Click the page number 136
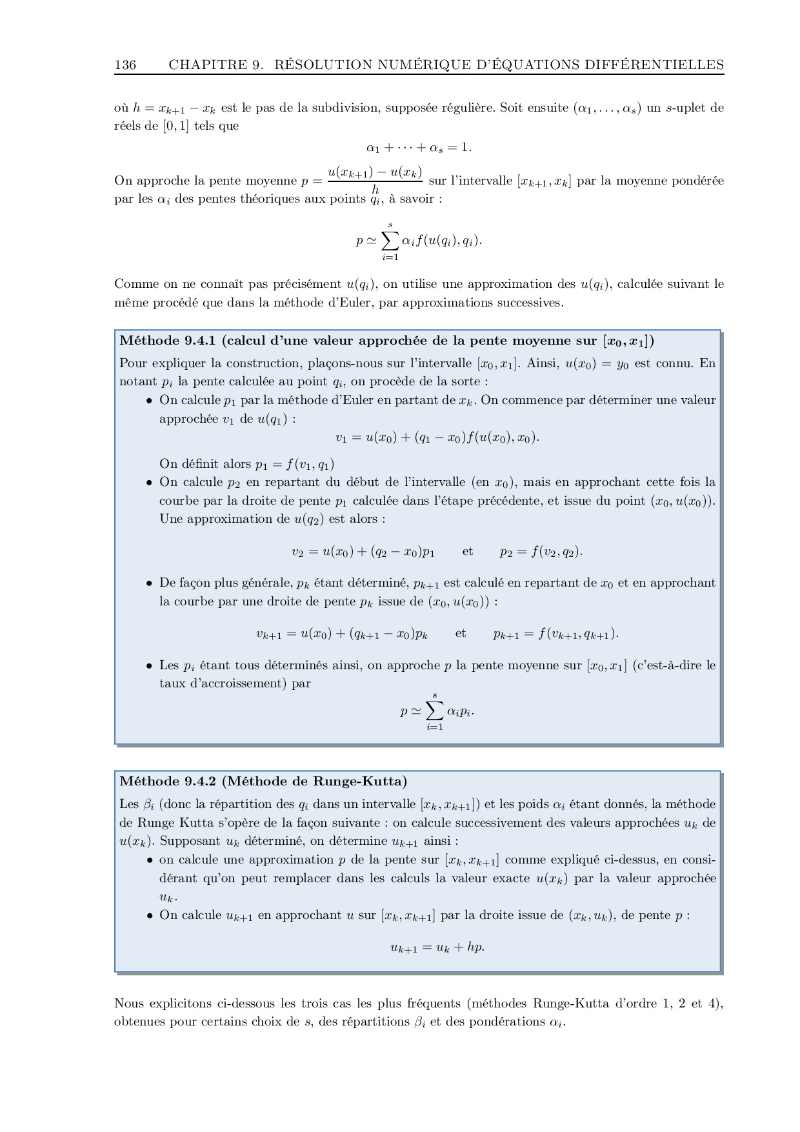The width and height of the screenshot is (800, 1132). pyautogui.click(x=125, y=65)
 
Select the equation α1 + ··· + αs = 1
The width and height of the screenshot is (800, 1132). pyautogui.click(x=419, y=148)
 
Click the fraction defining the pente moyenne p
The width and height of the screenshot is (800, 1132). pyautogui.click(x=375, y=180)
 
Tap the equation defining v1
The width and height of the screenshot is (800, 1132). pyautogui.click(x=437, y=438)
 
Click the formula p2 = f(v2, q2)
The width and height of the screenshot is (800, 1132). pyautogui.click(x=541, y=551)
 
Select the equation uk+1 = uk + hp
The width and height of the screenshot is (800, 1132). pyautogui.click(x=437, y=947)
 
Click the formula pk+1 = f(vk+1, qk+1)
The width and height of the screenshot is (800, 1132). pyautogui.click(x=555, y=634)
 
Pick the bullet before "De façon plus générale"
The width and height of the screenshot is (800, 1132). pyautogui.click(x=149, y=583)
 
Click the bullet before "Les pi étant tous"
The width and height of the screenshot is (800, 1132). pyautogui.click(x=149, y=666)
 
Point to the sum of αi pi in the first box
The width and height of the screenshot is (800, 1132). pyautogui.click(x=437, y=711)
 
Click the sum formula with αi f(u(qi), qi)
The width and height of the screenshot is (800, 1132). pyautogui.click(x=419, y=241)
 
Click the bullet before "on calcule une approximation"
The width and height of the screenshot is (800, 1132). pyautogui.click(x=149, y=860)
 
